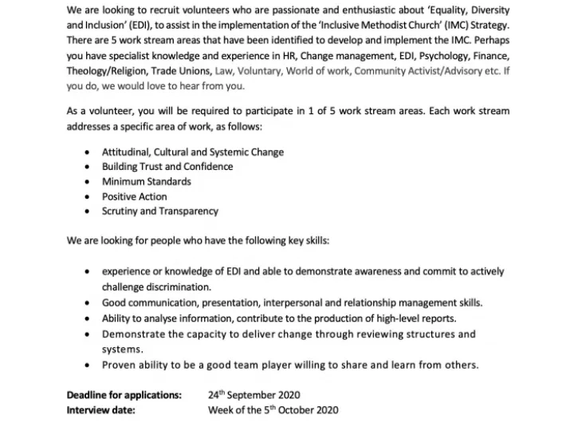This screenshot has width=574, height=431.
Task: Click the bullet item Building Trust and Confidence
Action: [167, 167]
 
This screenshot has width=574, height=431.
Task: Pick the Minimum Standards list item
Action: [147, 182]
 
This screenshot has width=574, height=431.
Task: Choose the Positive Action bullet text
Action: [135, 196]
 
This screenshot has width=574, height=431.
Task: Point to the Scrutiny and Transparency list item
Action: [160, 212]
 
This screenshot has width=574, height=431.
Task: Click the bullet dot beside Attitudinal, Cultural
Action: [86, 152]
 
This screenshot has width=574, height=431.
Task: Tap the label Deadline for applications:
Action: [124, 395]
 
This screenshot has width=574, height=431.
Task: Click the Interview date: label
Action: [101, 410]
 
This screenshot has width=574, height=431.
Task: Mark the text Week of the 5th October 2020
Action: [273, 410]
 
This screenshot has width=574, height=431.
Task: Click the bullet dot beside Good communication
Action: [86, 303]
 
